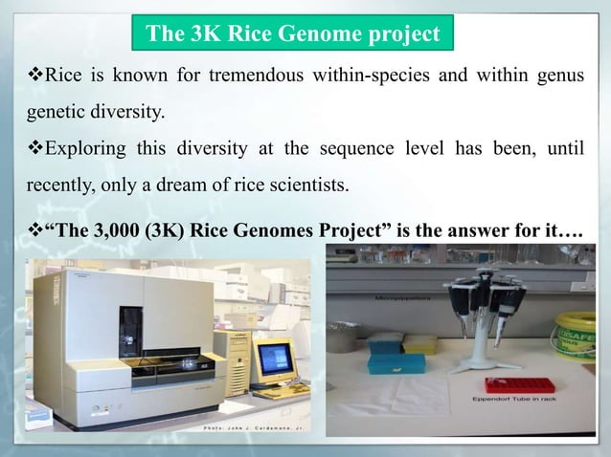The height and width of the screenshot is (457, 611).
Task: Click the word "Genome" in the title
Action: [315, 35]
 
